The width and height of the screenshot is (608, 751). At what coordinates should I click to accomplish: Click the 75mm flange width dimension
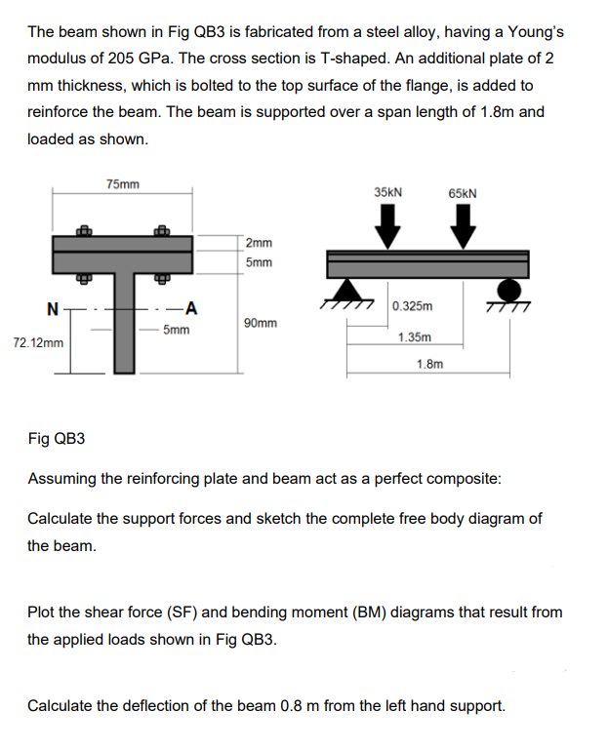coord(122,184)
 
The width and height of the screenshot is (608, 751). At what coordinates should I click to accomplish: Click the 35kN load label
coord(389,192)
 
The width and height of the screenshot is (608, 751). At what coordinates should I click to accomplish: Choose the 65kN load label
coord(463,193)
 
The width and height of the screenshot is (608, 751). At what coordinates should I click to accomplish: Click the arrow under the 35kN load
coord(388,230)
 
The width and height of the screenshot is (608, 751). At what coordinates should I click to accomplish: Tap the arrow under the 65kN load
coord(463,230)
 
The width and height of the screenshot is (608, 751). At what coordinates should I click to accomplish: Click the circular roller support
coord(508,289)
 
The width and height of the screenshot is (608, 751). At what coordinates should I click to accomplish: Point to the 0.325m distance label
coord(413,306)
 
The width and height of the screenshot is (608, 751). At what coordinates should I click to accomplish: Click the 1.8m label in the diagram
coord(429,364)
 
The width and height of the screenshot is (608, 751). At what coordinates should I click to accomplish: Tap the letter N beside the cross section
coord(52,310)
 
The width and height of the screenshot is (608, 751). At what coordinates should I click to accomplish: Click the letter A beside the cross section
coord(192,310)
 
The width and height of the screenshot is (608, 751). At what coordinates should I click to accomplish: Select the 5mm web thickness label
coord(176,331)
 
